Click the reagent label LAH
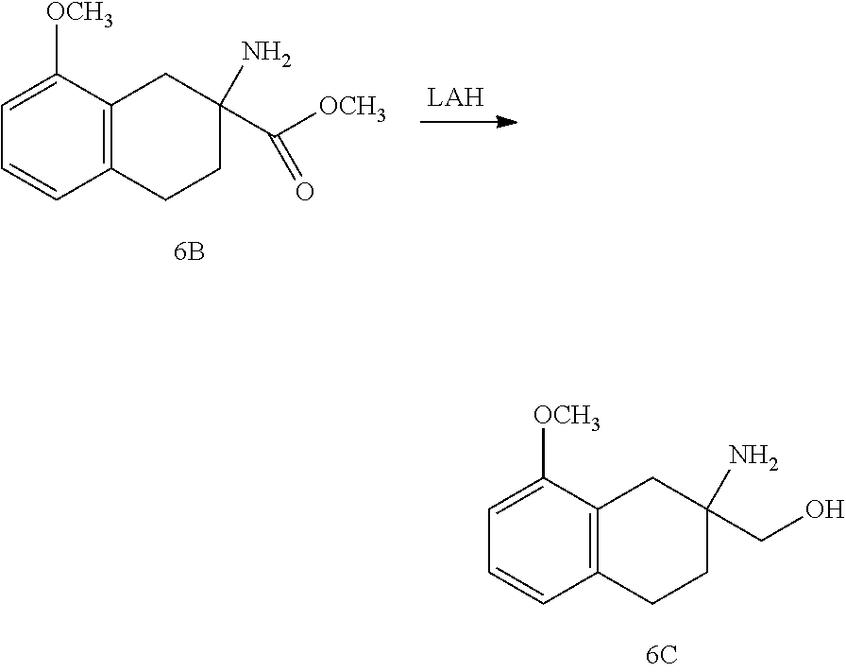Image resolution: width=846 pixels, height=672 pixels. point(455,97)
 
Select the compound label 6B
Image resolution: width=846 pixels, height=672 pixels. point(188,253)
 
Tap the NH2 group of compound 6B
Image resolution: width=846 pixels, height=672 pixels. point(267,55)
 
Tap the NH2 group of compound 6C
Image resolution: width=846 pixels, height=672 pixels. point(755,457)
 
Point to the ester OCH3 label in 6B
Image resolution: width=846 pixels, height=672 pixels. point(351,108)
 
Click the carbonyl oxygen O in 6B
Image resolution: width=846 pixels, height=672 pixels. point(304,192)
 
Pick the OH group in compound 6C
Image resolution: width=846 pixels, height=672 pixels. point(824,511)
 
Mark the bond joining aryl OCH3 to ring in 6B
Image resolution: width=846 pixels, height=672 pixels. point(59,53)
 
